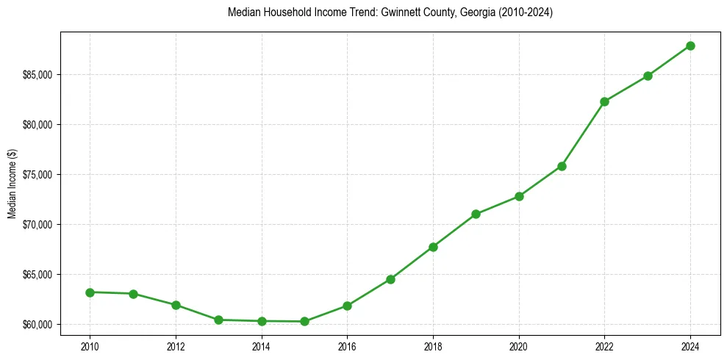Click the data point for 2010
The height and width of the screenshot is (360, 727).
tap(90, 292)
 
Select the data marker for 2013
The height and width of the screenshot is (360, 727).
tap(218, 320)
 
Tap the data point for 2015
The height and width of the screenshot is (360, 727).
tap(304, 321)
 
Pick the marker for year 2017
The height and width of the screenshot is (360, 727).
tap(390, 279)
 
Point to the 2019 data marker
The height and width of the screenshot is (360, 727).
tap(476, 214)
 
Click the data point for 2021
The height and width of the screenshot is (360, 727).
tap(562, 166)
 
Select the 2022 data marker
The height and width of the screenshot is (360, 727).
tap(604, 101)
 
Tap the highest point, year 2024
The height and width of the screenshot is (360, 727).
tap(690, 46)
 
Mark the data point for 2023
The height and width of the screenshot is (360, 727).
tap(648, 76)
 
